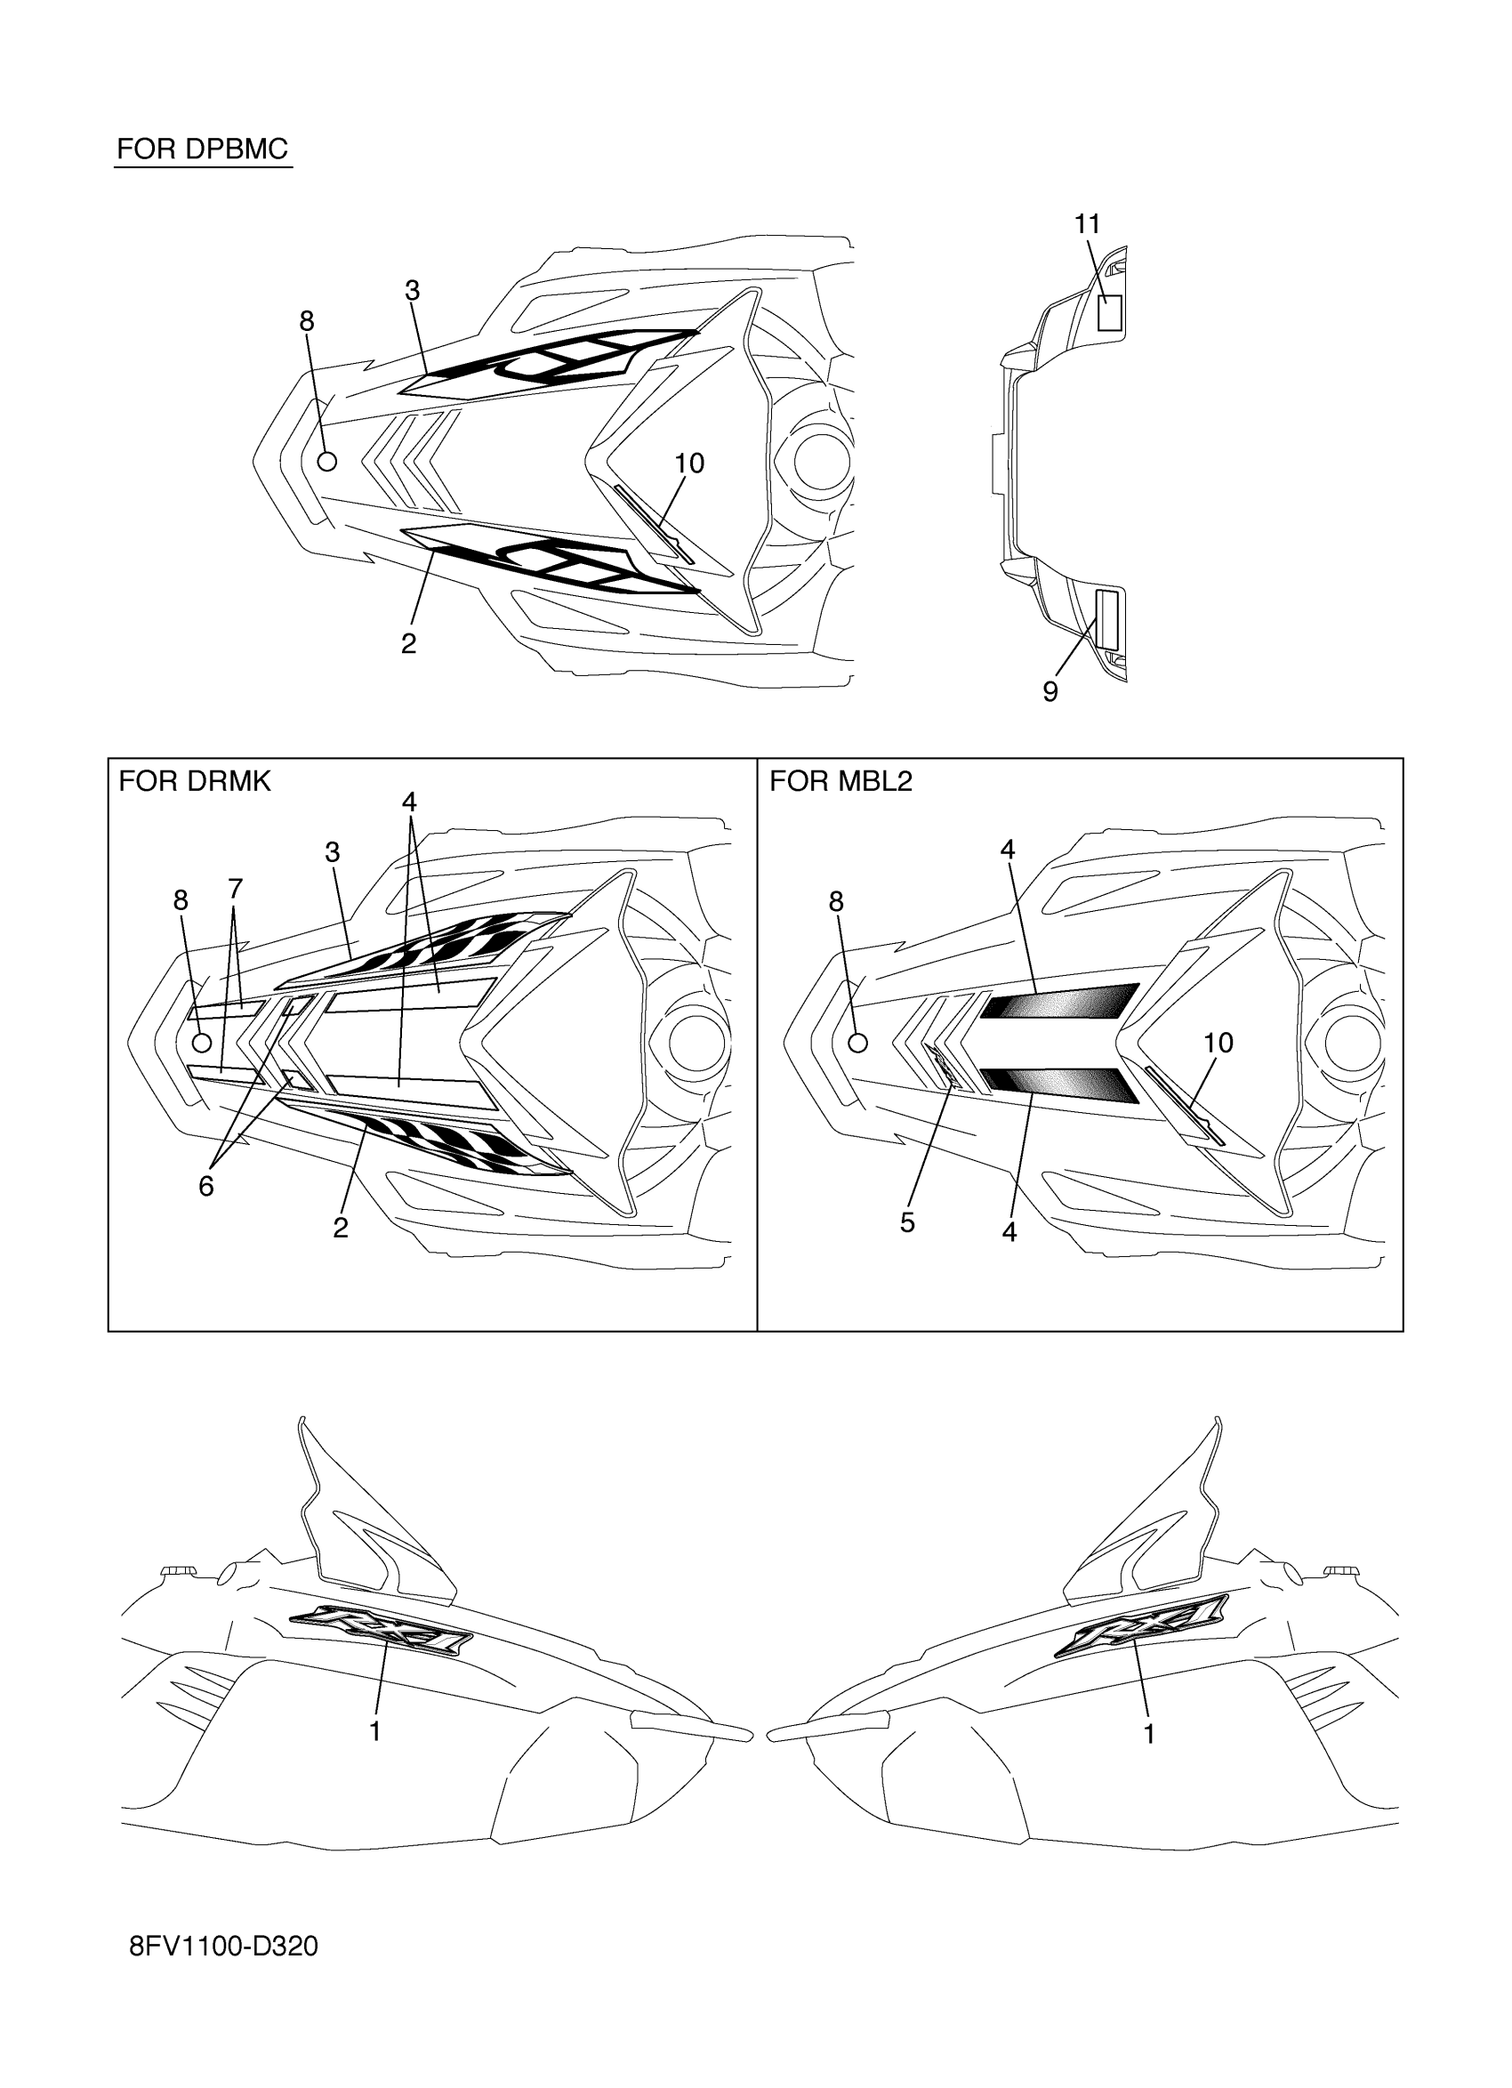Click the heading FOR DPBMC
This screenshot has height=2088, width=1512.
coord(203,149)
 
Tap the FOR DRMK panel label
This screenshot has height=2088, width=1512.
coord(194,782)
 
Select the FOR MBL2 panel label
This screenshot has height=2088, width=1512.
coord(840,782)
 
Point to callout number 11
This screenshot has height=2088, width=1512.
coord(1087,223)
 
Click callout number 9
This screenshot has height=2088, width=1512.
coord(1050,691)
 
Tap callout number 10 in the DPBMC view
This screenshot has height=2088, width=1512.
coord(689,464)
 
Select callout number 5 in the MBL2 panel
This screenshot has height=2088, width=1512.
coord(907,1222)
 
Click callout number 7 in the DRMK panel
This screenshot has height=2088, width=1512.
coord(235,889)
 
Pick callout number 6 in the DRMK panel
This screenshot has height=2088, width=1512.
coord(206,1187)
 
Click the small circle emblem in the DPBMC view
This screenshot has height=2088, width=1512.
coord(326,461)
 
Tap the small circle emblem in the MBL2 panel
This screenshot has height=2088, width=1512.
coord(857,1042)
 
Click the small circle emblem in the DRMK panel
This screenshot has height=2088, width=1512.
coord(203,1042)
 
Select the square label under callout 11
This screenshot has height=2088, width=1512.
coord(1111,313)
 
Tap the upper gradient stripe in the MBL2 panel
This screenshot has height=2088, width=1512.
coord(1058,1001)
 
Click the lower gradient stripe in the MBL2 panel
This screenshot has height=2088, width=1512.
coord(1058,1083)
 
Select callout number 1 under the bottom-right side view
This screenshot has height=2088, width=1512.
coord(1148,1734)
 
